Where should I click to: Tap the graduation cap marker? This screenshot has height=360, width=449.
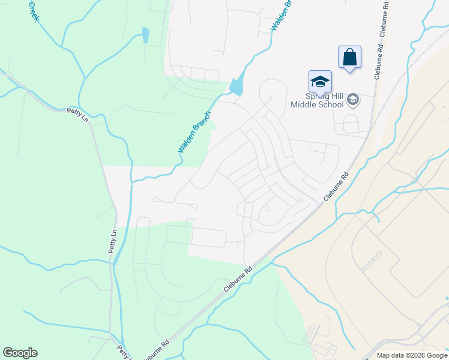pyautogui.click(x=320, y=82)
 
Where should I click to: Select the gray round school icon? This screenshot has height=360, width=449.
pyautogui.click(x=354, y=100)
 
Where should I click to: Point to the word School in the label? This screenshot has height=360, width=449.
pyautogui.click(x=330, y=104)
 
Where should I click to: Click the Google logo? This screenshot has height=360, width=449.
pyautogui.click(x=20, y=353)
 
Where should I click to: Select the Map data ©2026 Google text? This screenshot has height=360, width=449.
pyautogui.click(x=412, y=355)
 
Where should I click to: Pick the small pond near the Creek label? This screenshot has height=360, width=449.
pyautogui.click(x=145, y=35)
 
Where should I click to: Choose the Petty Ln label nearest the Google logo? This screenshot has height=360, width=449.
pyautogui.click(x=125, y=350)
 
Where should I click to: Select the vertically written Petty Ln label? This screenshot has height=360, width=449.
pyautogui.click(x=112, y=240)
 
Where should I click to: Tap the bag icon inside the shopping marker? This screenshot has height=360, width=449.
pyautogui.click(x=350, y=58)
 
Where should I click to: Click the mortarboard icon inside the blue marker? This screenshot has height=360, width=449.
pyautogui.click(x=320, y=81)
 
